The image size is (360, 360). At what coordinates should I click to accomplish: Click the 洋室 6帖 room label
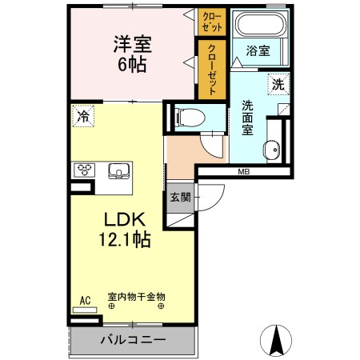pos(133,54)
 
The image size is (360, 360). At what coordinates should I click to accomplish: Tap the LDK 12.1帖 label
pos(125,230)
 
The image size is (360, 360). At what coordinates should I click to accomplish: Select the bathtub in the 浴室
pos(260,23)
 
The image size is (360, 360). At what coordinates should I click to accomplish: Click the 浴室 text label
pos(258,50)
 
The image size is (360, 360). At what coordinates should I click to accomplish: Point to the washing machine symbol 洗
pos(278,84)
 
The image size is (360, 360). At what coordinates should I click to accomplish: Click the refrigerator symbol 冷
pos(83,116)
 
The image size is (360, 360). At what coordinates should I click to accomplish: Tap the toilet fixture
pos(190,118)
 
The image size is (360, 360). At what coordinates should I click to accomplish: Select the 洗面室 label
pos(247,118)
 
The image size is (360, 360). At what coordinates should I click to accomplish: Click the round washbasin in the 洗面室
pos(272,150)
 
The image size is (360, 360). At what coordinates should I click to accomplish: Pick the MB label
pos(244,172)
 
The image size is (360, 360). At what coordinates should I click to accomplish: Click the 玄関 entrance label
pos(181,198)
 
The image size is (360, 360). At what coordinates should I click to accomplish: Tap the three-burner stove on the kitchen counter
pos(84,170)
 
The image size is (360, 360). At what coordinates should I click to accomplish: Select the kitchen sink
pos(118,170)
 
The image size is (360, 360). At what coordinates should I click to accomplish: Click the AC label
pos(86,301)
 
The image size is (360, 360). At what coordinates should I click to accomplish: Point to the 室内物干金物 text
pos(137,297)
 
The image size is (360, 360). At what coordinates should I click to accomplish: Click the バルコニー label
pos(133,340)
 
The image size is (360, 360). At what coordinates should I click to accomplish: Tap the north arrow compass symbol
pos(276,340)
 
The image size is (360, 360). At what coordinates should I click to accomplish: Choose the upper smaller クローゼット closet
pos(212,22)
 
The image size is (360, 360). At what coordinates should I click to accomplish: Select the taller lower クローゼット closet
pos(212,70)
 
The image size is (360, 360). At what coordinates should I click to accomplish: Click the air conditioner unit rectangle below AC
pos(85,310)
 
